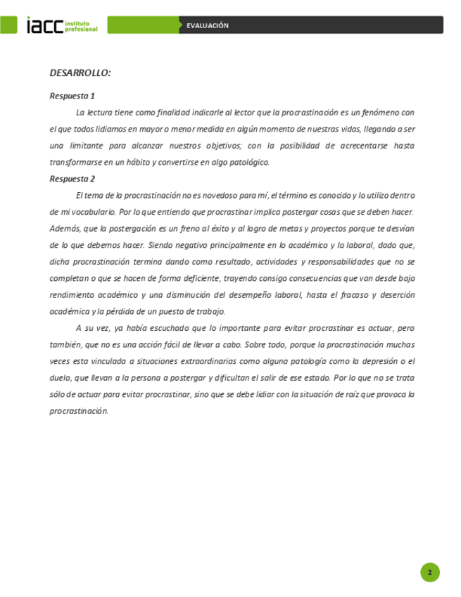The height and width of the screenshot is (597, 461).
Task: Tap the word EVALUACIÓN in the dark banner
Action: (x=208, y=25)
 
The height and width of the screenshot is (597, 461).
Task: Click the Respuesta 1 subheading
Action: (x=72, y=96)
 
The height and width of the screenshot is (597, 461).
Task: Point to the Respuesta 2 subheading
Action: (x=72, y=178)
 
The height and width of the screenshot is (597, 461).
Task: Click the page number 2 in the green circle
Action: (x=429, y=572)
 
